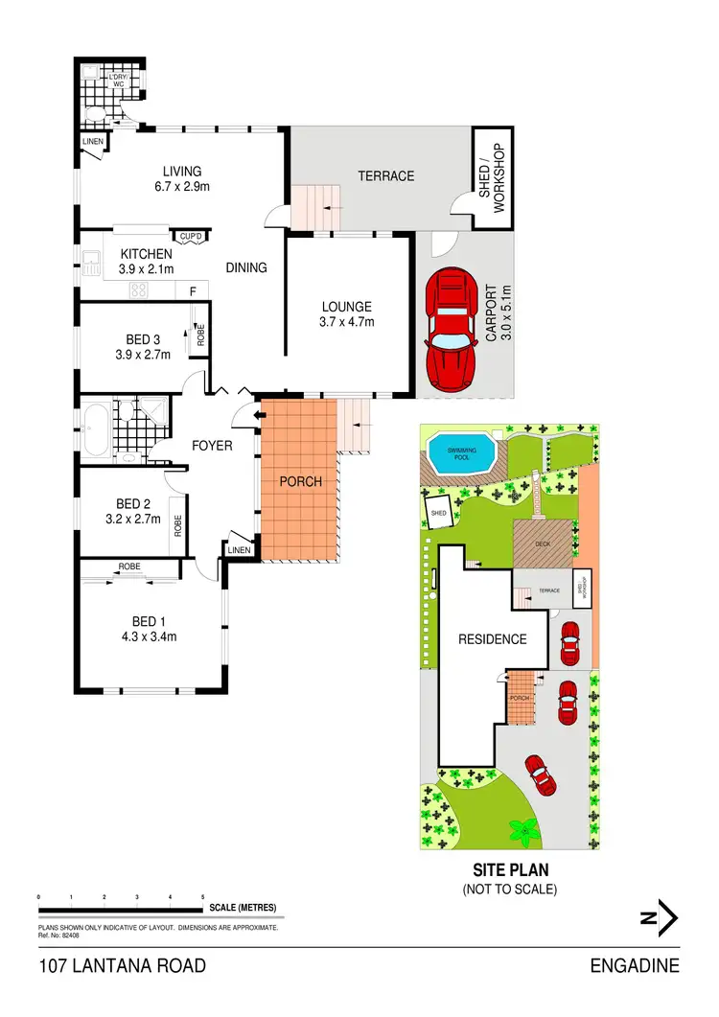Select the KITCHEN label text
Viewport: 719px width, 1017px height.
pos(146,254)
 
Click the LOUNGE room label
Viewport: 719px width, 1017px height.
pos(346,307)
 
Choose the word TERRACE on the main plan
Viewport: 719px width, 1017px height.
pos(385,175)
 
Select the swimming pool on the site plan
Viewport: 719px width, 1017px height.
pos(462,452)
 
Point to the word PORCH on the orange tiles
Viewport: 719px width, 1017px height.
pos(300,481)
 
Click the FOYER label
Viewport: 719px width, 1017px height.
pos(212,446)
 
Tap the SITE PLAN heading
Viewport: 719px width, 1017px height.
pos(509,871)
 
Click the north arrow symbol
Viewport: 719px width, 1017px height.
pos(660,918)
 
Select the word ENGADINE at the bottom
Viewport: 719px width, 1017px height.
pos(636,965)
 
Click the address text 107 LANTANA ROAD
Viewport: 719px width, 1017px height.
pos(123,965)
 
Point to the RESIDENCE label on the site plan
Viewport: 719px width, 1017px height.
pos(492,639)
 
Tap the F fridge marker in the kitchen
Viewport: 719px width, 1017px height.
pos(193,289)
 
